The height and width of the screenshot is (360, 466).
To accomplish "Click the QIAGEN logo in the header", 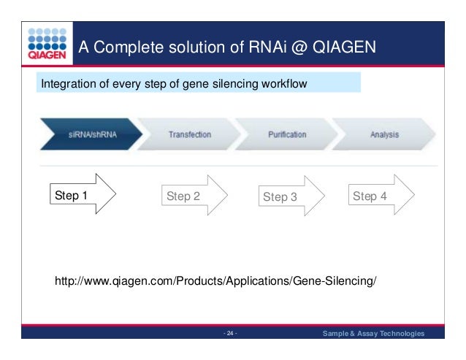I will pos(49,43).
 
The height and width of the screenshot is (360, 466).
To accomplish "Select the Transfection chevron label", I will pos(190,135).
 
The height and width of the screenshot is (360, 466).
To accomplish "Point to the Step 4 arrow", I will pos(380,196).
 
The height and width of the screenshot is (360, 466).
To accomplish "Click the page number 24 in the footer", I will pos(230,334).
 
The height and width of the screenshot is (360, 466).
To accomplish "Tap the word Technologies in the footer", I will pos(396,334).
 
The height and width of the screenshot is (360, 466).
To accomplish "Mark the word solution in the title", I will pos(192,47).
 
